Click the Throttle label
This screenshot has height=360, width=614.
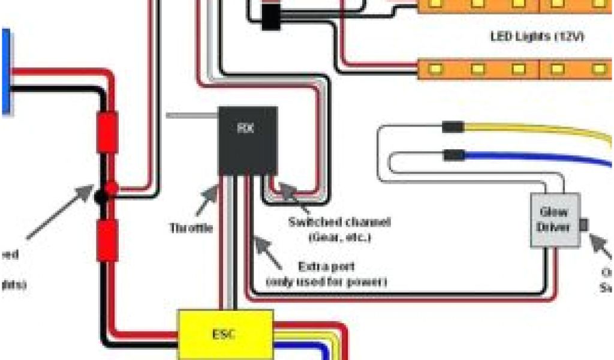(x=191, y=228)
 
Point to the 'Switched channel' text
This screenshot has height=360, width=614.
(x=339, y=223)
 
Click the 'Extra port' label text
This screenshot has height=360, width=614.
(x=326, y=266)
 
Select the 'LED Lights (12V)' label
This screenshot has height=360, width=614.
(x=537, y=37)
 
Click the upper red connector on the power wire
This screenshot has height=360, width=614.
(x=107, y=133)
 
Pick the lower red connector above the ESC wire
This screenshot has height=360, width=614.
(x=107, y=240)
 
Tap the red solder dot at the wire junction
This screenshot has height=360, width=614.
(x=111, y=188)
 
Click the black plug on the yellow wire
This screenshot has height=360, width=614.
(x=453, y=127)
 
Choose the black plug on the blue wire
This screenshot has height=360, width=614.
(x=453, y=155)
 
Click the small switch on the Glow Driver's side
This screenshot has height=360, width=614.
(x=583, y=225)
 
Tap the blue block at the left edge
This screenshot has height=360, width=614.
(x=5, y=72)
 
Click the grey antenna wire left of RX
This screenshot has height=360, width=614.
(x=191, y=115)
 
